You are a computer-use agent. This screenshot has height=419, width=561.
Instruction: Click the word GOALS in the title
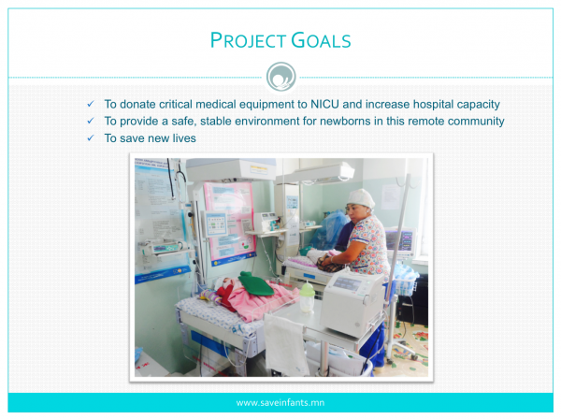[x=321, y=40]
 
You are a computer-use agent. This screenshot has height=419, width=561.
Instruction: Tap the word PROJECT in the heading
[x=248, y=40]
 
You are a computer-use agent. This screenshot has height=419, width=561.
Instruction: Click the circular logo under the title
[x=280, y=77]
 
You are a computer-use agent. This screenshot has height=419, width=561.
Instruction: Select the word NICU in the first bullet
[x=324, y=104]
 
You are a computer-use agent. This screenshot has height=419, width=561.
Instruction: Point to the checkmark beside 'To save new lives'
[x=91, y=137]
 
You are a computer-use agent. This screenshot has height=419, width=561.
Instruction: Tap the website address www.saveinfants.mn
[x=280, y=403]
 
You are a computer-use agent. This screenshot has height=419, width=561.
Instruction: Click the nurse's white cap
[x=360, y=198]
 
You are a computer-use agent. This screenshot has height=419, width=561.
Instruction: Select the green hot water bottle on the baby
[x=254, y=283]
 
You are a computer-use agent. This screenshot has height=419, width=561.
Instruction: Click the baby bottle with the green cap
[x=307, y=296]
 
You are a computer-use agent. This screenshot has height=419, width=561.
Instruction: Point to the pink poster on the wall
[x=229, y=222]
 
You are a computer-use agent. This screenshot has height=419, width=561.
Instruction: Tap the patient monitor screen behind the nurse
[x=400, y=240]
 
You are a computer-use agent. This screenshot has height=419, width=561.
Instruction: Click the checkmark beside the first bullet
[x=91, y=104]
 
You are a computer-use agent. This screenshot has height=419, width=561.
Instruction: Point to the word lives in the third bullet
[x=184, y=138]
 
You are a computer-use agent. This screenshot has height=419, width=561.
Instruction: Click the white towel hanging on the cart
[x=286, y=344]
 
